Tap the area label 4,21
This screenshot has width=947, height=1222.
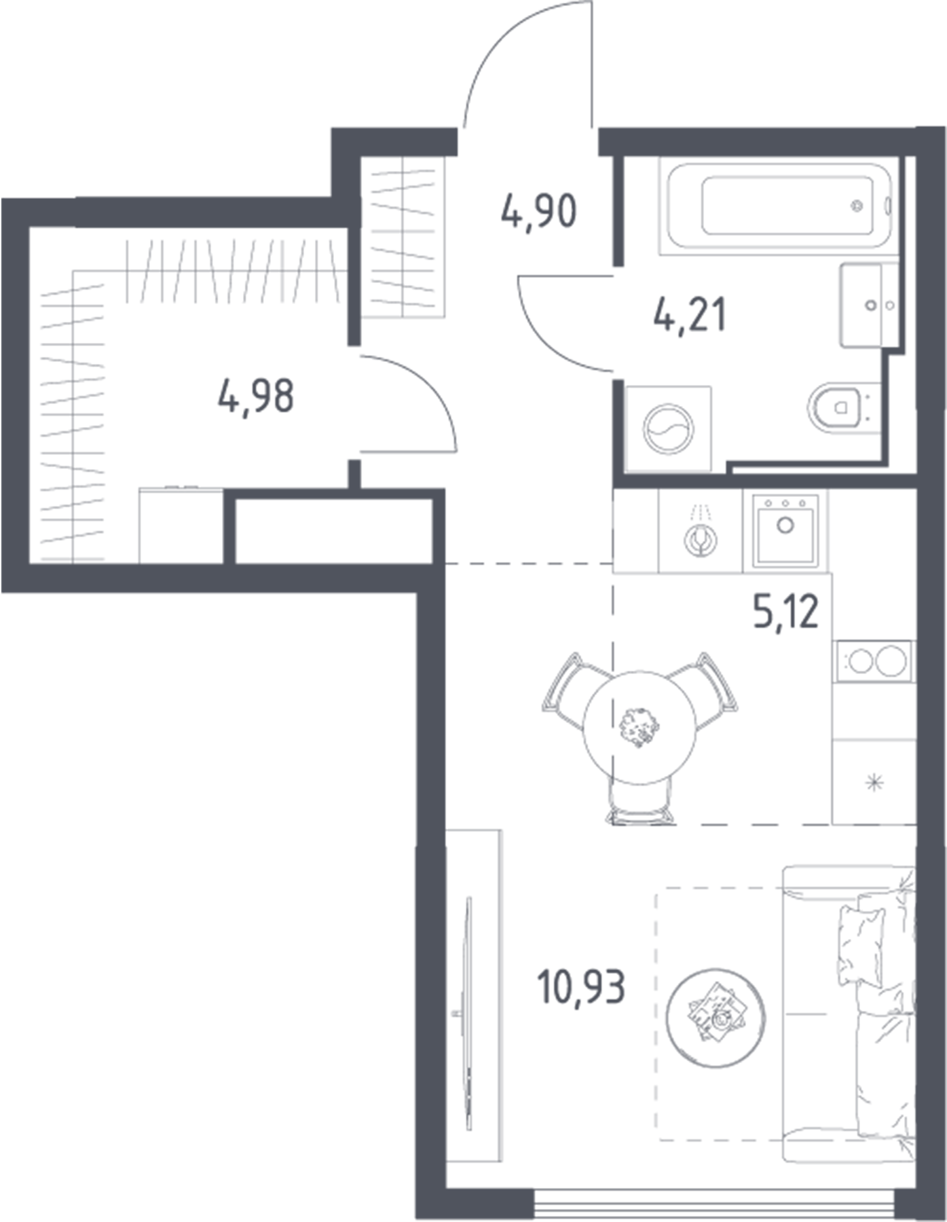click(x=690, y=315)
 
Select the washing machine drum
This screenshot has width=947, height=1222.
click(x=669, y=429)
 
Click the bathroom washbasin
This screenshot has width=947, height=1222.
click(x=870, y=305)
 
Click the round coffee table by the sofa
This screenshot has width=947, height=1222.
click(x=716, y=1017)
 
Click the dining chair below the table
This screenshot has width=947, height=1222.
click(x=639, y=804)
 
